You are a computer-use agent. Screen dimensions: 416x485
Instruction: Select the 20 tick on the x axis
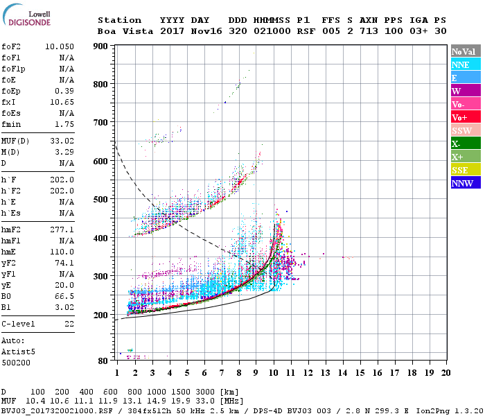pos(446,374)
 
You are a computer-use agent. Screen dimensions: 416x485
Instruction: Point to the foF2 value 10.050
pos(60,46)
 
